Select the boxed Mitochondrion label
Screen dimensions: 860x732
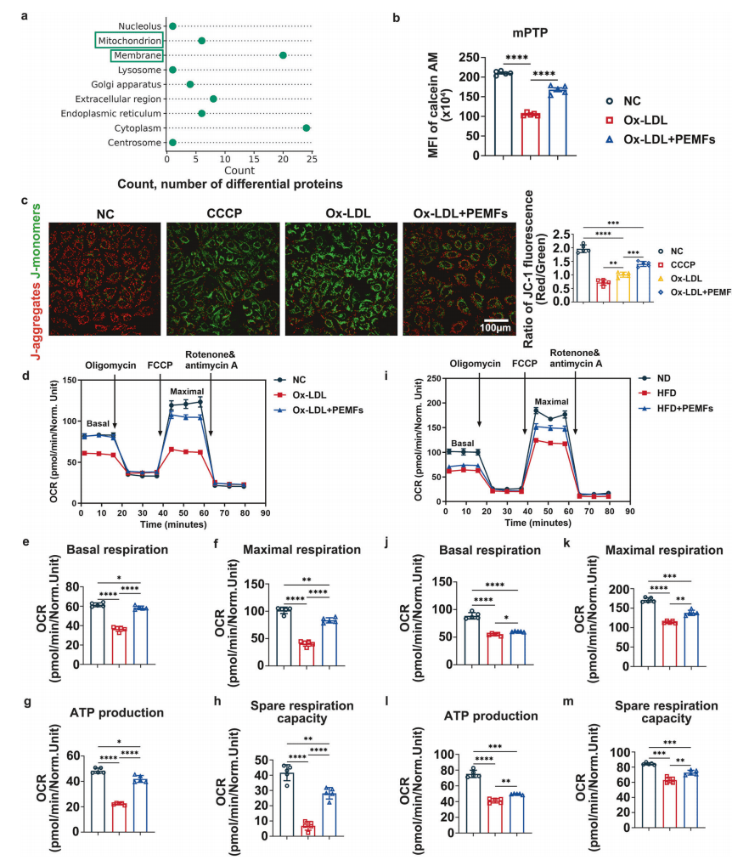pos(128,41)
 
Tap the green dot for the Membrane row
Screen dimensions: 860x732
pos(283,55)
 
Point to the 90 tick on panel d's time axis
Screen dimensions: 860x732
pos(267,514)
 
